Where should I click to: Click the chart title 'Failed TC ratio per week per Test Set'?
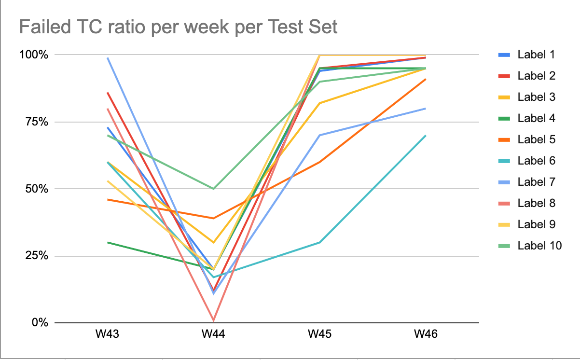pos(178,27)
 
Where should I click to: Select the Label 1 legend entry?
pos(526,55)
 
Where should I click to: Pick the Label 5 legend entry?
pos(526,139)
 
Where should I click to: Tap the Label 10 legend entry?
pos(530,246)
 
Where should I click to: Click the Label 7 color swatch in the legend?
pos(504,182)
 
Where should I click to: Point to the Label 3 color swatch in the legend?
pos(504,97)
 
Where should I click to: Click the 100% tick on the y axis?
pos(34,55)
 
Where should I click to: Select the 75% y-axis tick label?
pos(37,122)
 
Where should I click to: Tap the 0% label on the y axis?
pos(40,323)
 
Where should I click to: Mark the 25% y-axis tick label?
pos(37,256)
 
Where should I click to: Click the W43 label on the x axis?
pos(107,334)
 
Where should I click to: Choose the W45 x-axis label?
pos(319,334)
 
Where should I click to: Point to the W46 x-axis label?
pos(426,334)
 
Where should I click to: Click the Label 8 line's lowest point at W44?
pos(214,320)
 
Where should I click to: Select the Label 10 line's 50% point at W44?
pos(214,189)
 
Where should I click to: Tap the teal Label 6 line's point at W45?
pos(320,242)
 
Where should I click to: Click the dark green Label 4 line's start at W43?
pos(108,242)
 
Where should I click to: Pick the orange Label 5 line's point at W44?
pos(214,218)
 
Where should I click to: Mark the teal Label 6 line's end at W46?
pos(426,136)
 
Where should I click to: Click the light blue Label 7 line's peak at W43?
pos(108,57)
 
